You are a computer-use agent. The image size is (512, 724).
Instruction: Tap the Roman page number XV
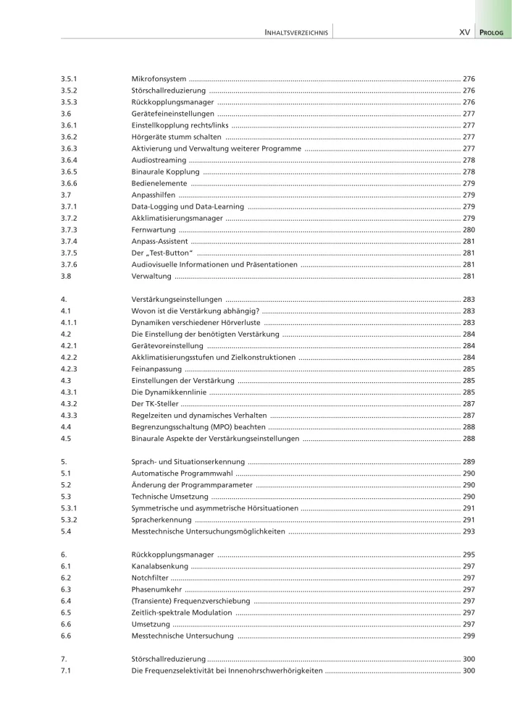tap(465, 33)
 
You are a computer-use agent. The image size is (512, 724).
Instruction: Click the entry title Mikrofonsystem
tap(159, 77)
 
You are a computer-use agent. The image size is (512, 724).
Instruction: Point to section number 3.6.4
tap(69, 159)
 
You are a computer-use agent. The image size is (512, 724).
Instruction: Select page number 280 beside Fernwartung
tap(469, 230)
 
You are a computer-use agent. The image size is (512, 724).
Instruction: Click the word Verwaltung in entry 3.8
tap(151, 277)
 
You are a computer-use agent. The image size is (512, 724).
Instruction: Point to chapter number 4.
tap(64, 299)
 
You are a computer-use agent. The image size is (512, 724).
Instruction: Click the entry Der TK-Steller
tap(155, 404)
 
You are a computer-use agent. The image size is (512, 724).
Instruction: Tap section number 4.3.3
tap(69, 416)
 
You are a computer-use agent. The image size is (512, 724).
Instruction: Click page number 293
tap(469, 531)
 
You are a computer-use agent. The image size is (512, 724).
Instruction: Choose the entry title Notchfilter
tap(150, 578)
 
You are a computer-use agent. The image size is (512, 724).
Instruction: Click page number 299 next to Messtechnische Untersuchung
tap(469, 636)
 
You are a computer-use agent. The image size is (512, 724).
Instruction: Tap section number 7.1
tap(65, 671)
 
